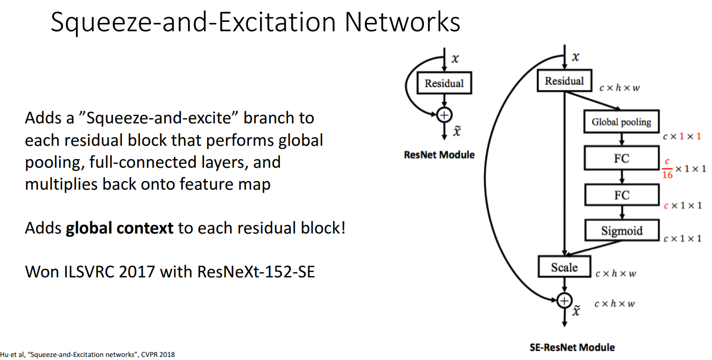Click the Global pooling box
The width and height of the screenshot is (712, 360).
point(621,122)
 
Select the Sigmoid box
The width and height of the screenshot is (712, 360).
point(621,230)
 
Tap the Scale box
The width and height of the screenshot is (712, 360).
point(564,267)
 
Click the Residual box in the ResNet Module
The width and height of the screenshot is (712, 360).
point(444,84)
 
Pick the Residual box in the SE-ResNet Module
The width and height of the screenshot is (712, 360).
point(564,81)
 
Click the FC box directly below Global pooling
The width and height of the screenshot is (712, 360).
point(621,159)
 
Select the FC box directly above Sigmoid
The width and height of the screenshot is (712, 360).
point(621,195)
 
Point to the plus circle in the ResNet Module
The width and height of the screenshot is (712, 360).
point(444,115)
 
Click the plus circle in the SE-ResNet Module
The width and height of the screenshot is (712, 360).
point(564,300)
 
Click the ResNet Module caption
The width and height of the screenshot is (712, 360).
point(439,155)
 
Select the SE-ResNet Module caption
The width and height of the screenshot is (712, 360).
point(572,347)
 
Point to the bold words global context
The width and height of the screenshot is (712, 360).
point(119,227)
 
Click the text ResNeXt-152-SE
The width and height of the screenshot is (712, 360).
point(256,271)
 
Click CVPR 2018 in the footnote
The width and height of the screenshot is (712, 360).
point(157,354)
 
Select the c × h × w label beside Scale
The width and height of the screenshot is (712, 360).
point(616,274)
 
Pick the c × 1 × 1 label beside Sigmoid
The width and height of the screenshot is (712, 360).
point(682,238)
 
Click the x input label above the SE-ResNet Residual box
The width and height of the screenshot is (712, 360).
point(576,57)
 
